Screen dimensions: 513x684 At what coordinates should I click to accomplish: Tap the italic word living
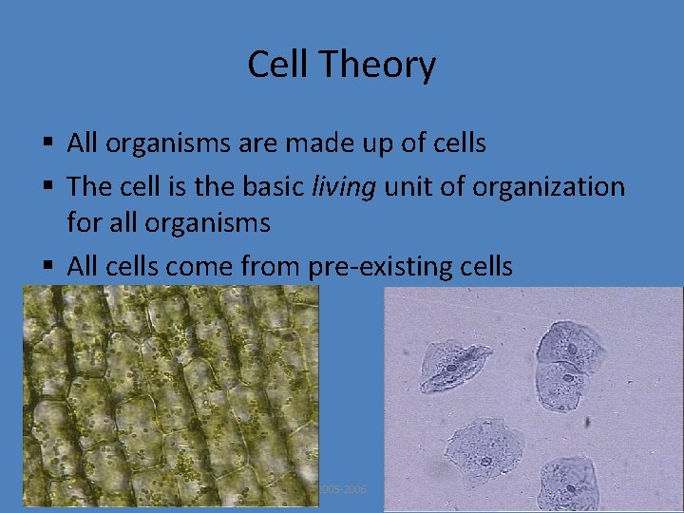tap(345, 186)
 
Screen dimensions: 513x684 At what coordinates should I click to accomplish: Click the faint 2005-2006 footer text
tap(342, 488)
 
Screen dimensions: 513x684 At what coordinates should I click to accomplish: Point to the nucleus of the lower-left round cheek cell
tap(485, 461)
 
